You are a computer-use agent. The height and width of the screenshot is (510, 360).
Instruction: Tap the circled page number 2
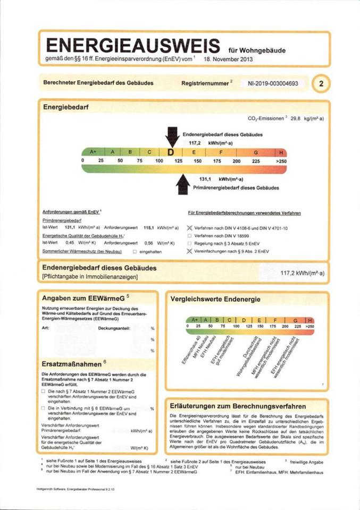[321, 83]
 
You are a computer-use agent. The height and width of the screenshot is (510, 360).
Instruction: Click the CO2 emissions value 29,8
[296, 119]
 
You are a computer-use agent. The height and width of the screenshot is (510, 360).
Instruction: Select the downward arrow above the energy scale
[172, 136]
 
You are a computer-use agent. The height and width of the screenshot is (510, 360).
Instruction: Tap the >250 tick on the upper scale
[281, 160]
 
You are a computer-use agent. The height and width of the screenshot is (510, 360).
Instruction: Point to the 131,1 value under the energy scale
[205, 180]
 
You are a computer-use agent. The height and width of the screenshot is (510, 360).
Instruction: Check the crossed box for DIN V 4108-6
[190, 227]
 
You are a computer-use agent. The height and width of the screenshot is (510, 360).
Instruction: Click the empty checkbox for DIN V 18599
[190, 235]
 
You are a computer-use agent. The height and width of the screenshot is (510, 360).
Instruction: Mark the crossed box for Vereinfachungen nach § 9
[190, 250]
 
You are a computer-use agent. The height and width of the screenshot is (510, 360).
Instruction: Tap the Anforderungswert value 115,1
[148, 227]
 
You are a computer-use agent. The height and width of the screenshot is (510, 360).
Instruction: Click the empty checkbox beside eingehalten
[135, 250]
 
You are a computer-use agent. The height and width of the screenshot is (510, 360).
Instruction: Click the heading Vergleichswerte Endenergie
[215, 300]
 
